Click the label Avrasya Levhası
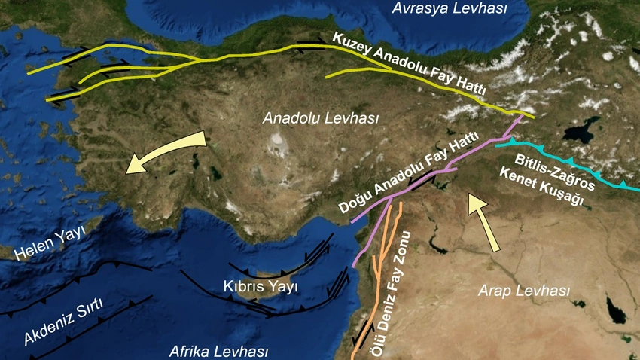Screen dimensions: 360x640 pos(450,9)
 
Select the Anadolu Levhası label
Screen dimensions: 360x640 pos(321,119)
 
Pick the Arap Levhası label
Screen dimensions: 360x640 pos(526,291)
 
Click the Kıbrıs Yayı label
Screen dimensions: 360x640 pos(261,287)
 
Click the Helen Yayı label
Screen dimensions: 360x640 pos(50,240)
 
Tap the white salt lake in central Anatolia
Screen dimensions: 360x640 pos(279,140)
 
